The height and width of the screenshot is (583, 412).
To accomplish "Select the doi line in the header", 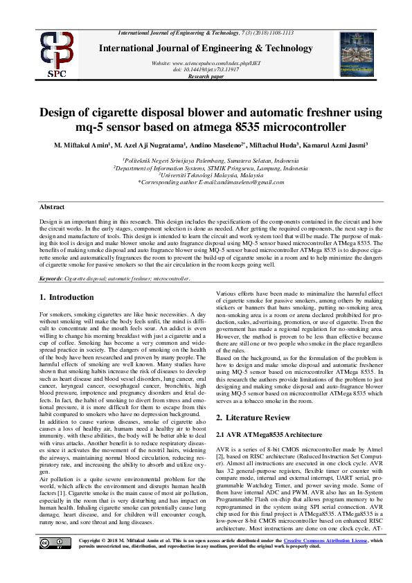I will coord(206,69).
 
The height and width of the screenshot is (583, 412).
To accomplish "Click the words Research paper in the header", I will coord(206,75).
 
